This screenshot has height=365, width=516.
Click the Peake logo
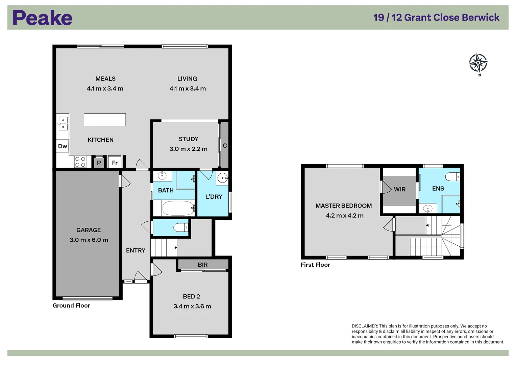point(42,18)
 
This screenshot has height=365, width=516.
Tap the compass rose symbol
point(478,63)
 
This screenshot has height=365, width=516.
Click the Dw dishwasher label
point(63,146)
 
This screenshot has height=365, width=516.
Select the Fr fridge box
point(115,163)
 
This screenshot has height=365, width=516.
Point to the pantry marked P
point(99,163)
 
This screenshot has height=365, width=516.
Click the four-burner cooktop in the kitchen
point(80,162)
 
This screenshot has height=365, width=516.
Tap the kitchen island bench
point(104,120)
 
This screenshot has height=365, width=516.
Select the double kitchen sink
point(63,123)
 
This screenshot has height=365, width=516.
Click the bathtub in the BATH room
point(178,208)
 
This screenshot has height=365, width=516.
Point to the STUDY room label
point(189,139)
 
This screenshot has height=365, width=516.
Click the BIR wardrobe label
point(202,265)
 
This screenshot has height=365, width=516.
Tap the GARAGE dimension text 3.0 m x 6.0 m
point(89,240)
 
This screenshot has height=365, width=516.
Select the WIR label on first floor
point(400,189)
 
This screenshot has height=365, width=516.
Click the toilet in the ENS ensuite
point(453,177)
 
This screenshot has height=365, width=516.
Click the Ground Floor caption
point(71,306)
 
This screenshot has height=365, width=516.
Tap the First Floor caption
point(315,265)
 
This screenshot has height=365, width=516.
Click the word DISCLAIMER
point(365,326)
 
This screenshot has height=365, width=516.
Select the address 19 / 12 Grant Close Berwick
point(436,18)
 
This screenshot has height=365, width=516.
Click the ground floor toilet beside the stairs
point(181,227)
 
